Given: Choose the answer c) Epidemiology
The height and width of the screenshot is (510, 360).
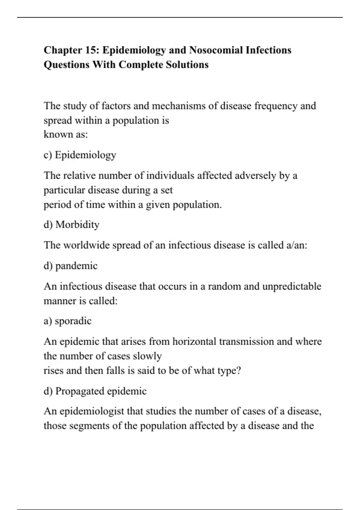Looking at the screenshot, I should pyautogui.click(x=80, y=155).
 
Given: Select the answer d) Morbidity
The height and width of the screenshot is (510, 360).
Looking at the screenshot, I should pyautogui.click(x=71, y=225).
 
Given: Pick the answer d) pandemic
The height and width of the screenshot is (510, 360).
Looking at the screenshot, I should pyautogui.click(x=70, y=266).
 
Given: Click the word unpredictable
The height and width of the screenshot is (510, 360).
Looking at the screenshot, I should pyautogui.click(x=292, y=286).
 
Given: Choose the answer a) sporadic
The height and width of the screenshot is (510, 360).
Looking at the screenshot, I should pyautogui.click(x=67, y=321).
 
